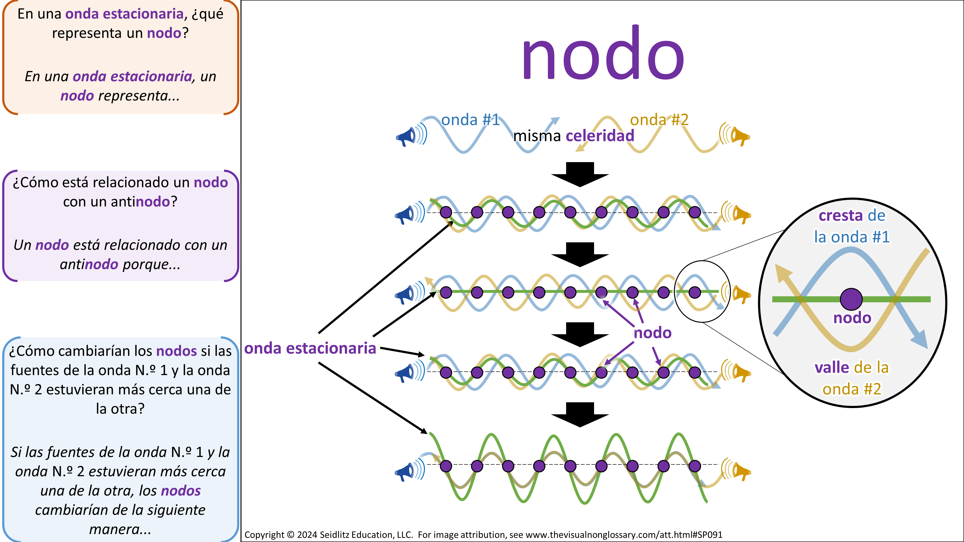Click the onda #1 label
470,120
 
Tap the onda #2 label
659,120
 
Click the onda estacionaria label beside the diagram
310,349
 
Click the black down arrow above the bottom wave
580,414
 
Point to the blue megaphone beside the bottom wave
405,472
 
